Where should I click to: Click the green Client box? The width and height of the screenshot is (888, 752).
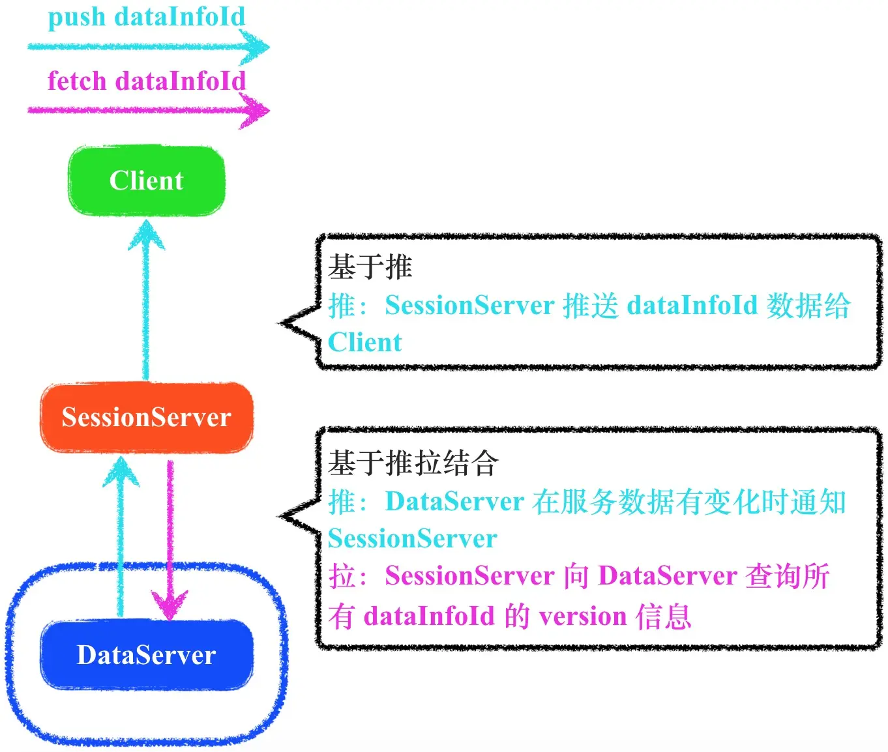click(x=147, y=181)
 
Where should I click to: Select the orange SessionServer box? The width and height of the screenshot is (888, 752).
click(x=147, y=417)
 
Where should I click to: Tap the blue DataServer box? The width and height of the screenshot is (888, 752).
click(x=147, y=655)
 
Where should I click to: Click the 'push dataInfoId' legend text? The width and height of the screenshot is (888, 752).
click(x=147, y=17)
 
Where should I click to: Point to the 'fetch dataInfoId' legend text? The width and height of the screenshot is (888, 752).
click(x=147, y=81)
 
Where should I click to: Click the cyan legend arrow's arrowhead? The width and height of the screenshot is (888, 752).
click(x=256, y=47)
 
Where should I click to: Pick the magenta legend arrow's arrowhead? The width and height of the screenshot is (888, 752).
click(x=256, y=110)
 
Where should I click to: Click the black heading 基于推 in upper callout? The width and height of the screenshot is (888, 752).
click(x=370, y=267)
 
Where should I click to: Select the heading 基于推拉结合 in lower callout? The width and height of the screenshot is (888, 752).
click(x=413, y=463)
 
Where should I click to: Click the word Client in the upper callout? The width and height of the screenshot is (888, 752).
click(x=365, y=342)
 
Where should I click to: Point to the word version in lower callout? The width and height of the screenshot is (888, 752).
click(x=583, y=616)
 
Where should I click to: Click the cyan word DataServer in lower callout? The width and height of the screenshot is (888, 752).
click(x=454, y=502)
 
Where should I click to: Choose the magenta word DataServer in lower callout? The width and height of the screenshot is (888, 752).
click(x=667, y=576)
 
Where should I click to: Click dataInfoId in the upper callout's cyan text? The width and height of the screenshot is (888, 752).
click(x=692, y=305)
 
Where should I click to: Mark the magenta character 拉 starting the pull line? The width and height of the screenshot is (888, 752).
click(x=341, y=576)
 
